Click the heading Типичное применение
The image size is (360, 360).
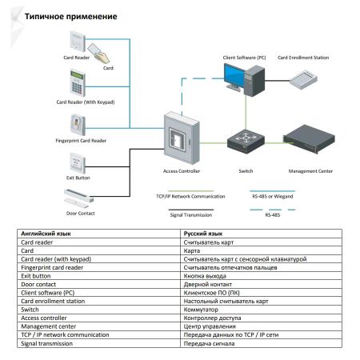click(71, 16)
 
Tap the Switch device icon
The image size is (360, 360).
click(246, 144)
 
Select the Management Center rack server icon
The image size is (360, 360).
click(308, 142)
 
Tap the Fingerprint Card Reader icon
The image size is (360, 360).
click(78, 124)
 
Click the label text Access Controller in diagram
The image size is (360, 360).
click(181, 171)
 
